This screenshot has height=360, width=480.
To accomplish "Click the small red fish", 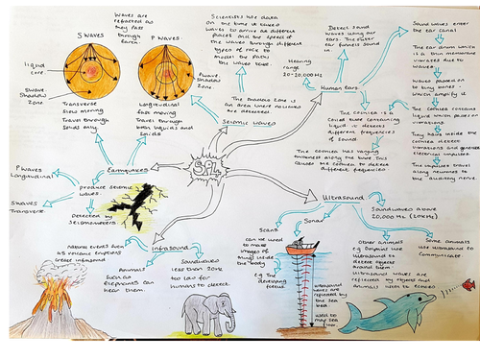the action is [x=468, y=285].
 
